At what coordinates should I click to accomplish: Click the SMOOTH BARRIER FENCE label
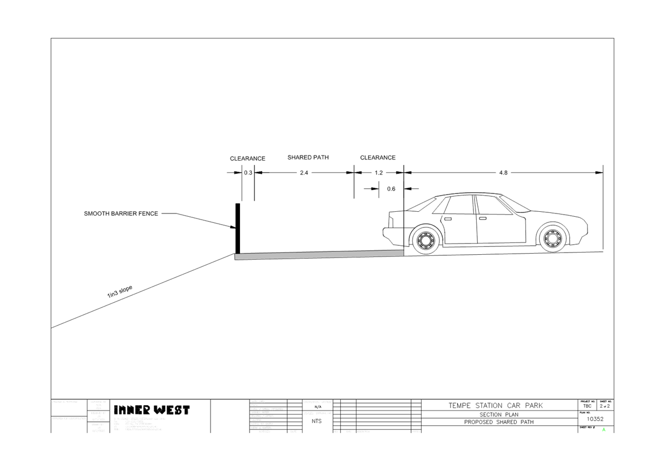[x=121, y=213]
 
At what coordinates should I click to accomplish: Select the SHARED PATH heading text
[x=308, y=158]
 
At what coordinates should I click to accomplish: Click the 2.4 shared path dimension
[x=304, y=173]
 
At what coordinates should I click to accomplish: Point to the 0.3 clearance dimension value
[x=248, y=173]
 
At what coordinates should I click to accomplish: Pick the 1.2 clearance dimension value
[x=379, y=173]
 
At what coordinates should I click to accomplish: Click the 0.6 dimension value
[x=391, y=189]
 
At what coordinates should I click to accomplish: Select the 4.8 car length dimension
[x=503, y=173]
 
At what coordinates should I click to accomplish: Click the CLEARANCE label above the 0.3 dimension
[x=248, y=159]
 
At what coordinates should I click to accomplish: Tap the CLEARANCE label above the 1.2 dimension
[x=378, y=158]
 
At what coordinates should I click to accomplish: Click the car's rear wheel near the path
[x=426, y=240]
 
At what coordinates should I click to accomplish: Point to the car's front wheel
[x=552, y=238]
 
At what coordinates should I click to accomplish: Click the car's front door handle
[x=482, y=218]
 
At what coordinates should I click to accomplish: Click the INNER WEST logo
[x=152, y=410]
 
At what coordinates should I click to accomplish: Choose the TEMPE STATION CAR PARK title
[x=495, y=406]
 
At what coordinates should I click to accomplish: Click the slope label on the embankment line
[x=119, y=291]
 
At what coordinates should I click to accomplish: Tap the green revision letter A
[x=604, y=430]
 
